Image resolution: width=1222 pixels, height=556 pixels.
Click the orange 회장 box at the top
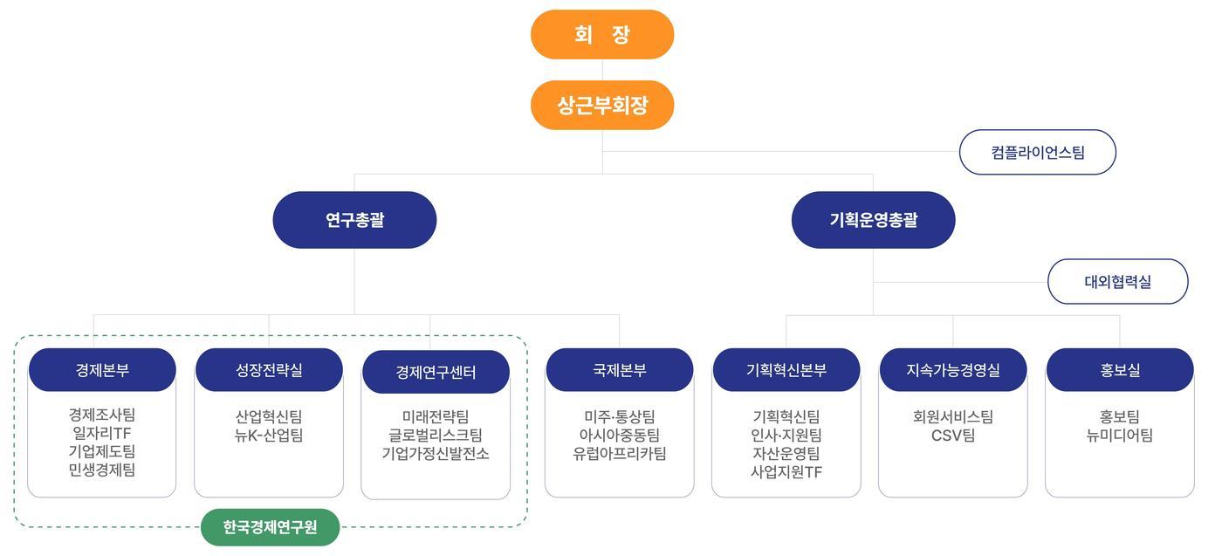tap(602, 35)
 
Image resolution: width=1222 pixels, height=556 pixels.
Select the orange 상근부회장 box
tap(602, 106)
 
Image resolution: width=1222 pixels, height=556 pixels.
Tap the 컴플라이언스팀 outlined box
tap(1037, 153)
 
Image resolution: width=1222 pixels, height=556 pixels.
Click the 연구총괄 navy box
tap(354, 220)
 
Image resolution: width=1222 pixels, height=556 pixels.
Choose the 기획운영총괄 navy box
tap(873, 220)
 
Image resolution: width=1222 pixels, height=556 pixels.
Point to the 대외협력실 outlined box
tap(1117, 282)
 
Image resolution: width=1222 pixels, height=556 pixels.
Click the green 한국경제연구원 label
tap(270, 527)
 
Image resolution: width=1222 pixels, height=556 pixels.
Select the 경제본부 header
tap(102, 370)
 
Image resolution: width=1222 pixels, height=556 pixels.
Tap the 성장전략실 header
tap(269, 370)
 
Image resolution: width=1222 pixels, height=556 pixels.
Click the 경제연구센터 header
tap(436, 373)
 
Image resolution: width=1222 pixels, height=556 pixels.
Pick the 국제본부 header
tap(620, 370)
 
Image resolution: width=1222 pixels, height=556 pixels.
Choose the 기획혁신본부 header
tap(786, 370)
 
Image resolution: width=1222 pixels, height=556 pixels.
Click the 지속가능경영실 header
tap(953, 370)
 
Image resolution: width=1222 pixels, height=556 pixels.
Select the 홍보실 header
tap(1120, 370)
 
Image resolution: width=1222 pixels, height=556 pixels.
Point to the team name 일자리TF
tap(102, 434)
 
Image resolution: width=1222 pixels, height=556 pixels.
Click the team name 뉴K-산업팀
tap(269, 436)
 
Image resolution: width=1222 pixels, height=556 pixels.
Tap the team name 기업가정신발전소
tap(436, 454)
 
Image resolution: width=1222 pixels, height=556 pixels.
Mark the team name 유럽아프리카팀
tap(620, 454)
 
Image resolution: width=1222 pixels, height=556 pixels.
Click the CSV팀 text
tap(953, 436)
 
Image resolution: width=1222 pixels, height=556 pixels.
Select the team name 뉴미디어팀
tap(1120, 436)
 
